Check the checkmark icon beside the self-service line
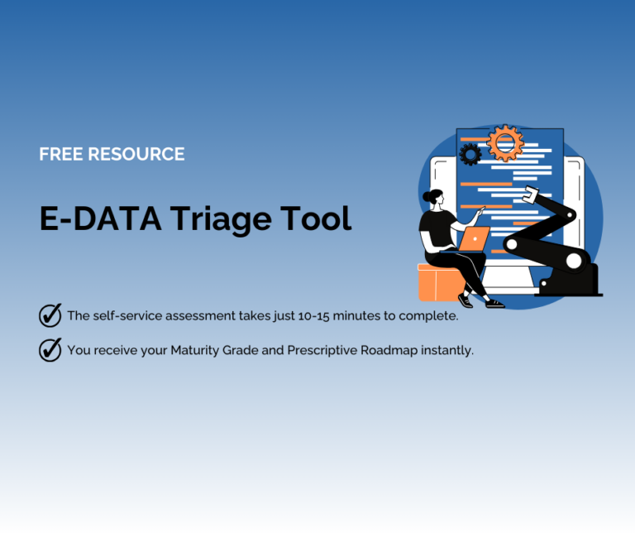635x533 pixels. (x=50, y=315)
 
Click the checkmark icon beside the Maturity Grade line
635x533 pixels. (x=50, y=350)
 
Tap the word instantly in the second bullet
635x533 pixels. (x=447, y=350)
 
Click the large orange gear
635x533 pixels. (x=505, y=143)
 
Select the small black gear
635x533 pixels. (x=470, y=154)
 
